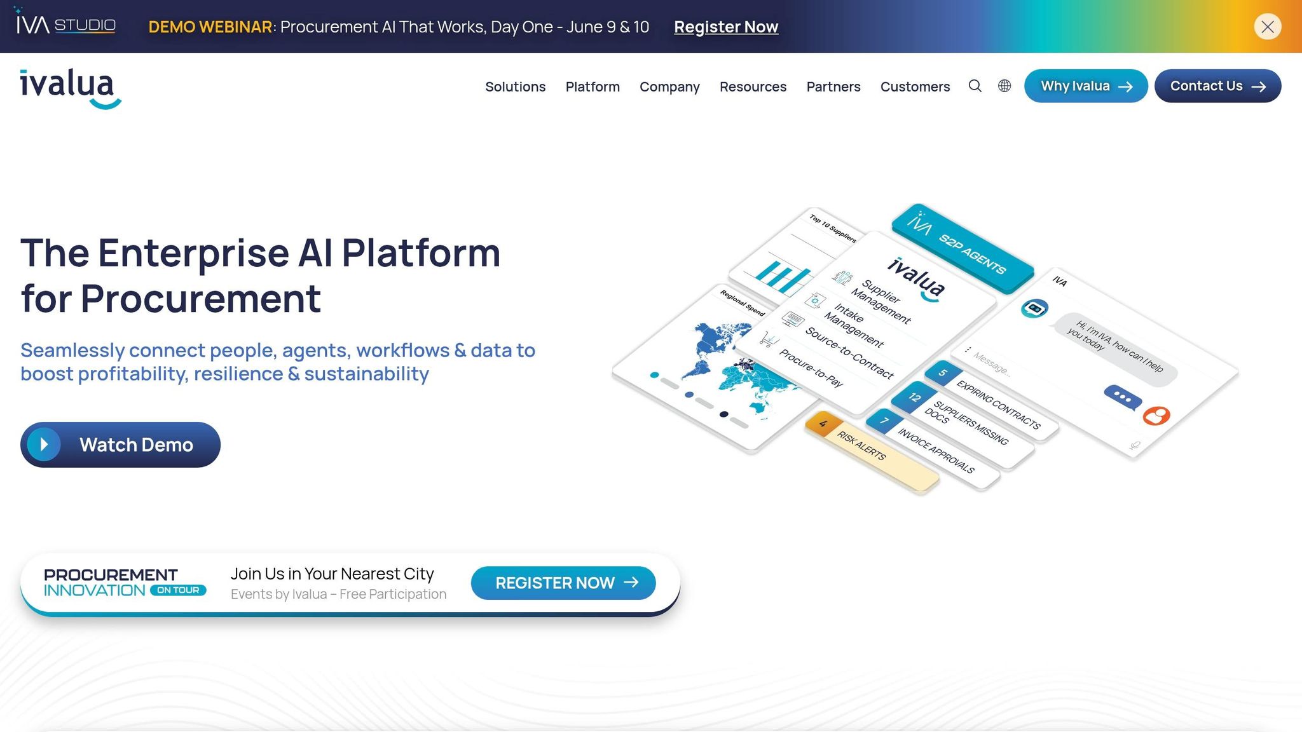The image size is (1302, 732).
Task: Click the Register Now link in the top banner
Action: pyautogui.click(x=726, y=27)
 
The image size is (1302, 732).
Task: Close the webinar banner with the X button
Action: pyautogui.click(x=1268, y=27)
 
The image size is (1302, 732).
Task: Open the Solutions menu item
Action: pyautogui.click(x=515, y=86)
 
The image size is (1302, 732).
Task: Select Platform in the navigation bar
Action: pyautogui.click(x=593, y=86)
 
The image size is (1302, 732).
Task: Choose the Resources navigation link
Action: pyautogui.click(x=753, y=86)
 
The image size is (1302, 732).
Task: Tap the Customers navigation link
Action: pyautogui.click(x=915, y=86)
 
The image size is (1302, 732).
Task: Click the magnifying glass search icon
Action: pyautogui.click(x=975, y=86)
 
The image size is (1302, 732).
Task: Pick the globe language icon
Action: pyautogui.click(x=1004, y=86)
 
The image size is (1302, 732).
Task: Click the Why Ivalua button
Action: pyautogui.click(x=1086, y=86)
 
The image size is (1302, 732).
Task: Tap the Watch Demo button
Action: pyautogui.click(x=120, y=445)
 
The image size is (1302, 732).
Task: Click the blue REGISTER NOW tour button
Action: pyautogui.click(x=563, y=583)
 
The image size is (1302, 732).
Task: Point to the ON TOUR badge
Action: pyautogui.click(x=178, y=590)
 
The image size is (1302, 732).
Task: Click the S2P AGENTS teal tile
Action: pyautogui.click(x=963, y=248)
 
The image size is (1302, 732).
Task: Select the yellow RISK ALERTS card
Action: pyautogui.click(x=872, y=452)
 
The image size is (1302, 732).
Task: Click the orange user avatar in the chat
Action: pyautogui.click(x=1156, y=416)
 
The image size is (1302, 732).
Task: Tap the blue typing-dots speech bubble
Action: pyautogui.click(x=1123, y=398)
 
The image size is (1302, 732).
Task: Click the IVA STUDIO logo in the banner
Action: pyautogui.click(x=65, y=25)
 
